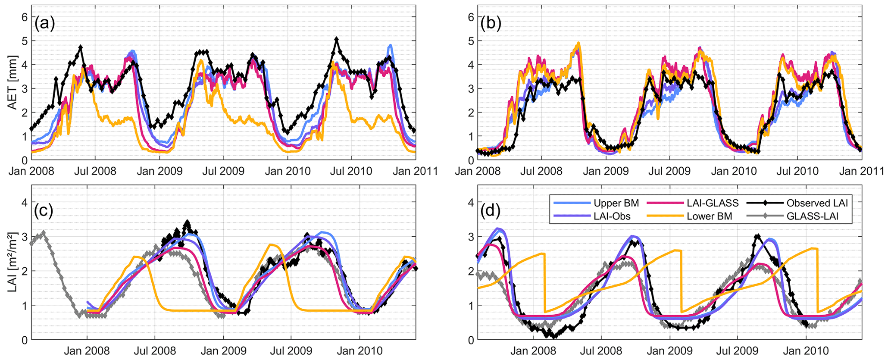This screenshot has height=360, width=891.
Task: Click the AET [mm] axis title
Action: point(13,82)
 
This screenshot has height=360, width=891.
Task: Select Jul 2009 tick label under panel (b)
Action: point(669,171)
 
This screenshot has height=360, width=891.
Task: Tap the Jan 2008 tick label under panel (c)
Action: point(87,351)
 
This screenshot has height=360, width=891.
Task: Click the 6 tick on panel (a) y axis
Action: point(25,17)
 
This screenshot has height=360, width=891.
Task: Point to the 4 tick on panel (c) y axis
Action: point(25,202)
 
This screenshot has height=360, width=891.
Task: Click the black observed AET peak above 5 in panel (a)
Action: point(336,39)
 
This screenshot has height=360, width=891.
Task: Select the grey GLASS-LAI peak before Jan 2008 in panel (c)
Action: point(43,233)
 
